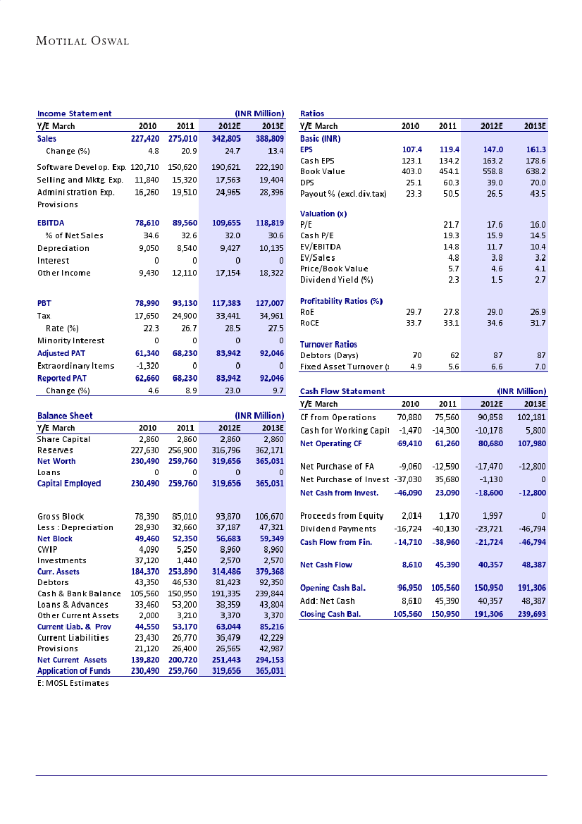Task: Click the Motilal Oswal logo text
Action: (x=82, y=41)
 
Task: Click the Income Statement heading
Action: (x=74, y=113)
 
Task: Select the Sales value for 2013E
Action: (x=268, y=139)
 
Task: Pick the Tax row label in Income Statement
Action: (x=44, y=316)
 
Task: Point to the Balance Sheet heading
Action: (x=65, y=416)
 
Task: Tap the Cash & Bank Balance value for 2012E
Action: (x=226, y=594)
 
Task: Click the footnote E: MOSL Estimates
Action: (x=73, y=683)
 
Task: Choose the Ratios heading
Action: (x=312, y=113)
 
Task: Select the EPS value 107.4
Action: (x=411, y=150)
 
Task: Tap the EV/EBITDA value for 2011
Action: (x=449, y=247)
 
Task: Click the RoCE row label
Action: (x=310, y=323)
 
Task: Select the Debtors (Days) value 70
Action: (x=416, y=355)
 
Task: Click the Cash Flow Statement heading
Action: (x=342, y=391)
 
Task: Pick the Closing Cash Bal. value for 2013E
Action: (x=531, y=614)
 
